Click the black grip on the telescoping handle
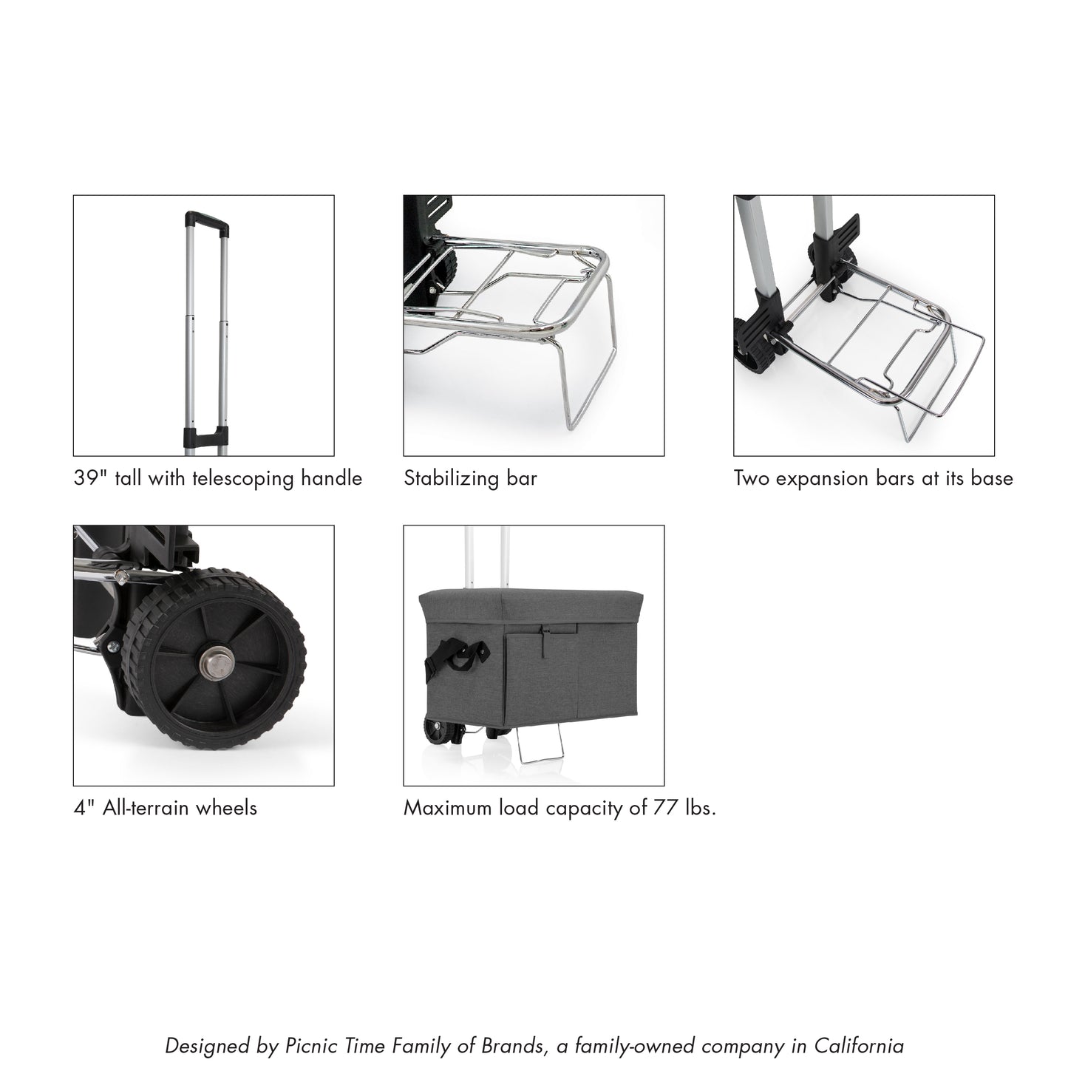point(203,219)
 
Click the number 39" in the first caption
point(87,478)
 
